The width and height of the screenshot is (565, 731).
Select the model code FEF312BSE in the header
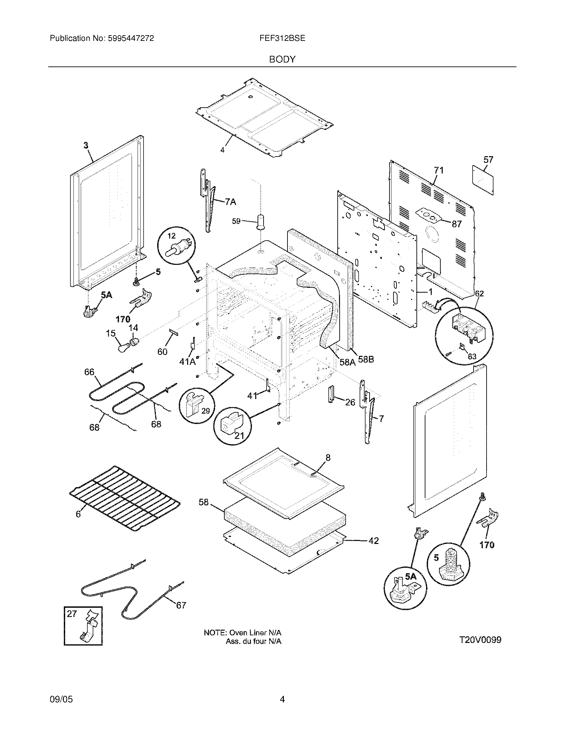pyautogui.click(x=282, y=39)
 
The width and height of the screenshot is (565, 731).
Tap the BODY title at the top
pyautogui.click(x=282, y=59)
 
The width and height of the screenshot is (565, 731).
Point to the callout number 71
pyautogui.click(x=438, y=171)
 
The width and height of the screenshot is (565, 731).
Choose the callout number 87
pyautogui.click(x=457, y=224)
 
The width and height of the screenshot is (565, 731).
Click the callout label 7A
pyautogui.click(x=230, y=202)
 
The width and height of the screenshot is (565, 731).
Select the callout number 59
pyautogui.click(x=236, y=221)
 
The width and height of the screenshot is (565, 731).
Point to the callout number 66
pyautogui.click(x=89, y=372)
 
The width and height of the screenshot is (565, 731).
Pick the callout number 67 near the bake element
pyautogui.click(x=181, y=605)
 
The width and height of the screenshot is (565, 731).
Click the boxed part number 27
pyautogui.click(x=72, y=614)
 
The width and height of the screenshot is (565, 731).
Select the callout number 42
pyautogui.click(x=374, y=541)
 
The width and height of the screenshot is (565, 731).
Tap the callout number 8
pyautogui.click(x=328, y=458)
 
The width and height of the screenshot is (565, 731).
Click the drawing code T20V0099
pyautogui.click(x=480, y=640)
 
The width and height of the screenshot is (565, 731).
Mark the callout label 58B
pyautogui.click(x=366, y=360)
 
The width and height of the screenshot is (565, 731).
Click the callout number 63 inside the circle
pyautogui.click(x=472, y=357)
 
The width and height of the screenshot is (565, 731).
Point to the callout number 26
pyautogui.click(x=350, y=402)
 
